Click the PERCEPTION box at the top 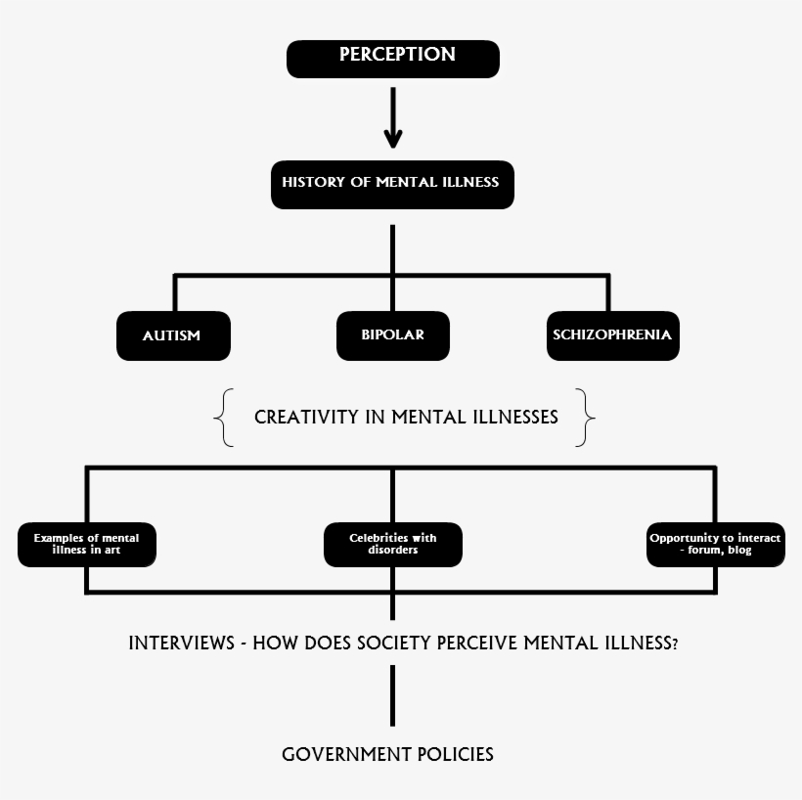pyautogui.click(x=392, y=58)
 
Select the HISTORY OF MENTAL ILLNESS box pyautogui.click(x=392, y=184)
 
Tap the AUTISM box pyautogui.click(x=172, y=335)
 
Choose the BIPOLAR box pyautogui.click(x=392, y=335)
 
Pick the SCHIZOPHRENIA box pyautogui.click(x=612, y=335)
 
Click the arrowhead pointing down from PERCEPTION pyautogui.click(x=392, y=137)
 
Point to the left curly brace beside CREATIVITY pyautogui.click(x=224, y=418)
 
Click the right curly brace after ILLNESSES pyautogui.click(x=585, y=418)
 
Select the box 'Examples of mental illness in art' pyautogui.click(x=86, y=545)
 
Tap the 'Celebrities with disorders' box pyautogui.click(x=392, y=545)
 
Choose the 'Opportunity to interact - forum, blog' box pyautogui.click(x=716, y=545)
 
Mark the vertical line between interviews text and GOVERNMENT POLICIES pyautogui.click(x=392, y=695)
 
